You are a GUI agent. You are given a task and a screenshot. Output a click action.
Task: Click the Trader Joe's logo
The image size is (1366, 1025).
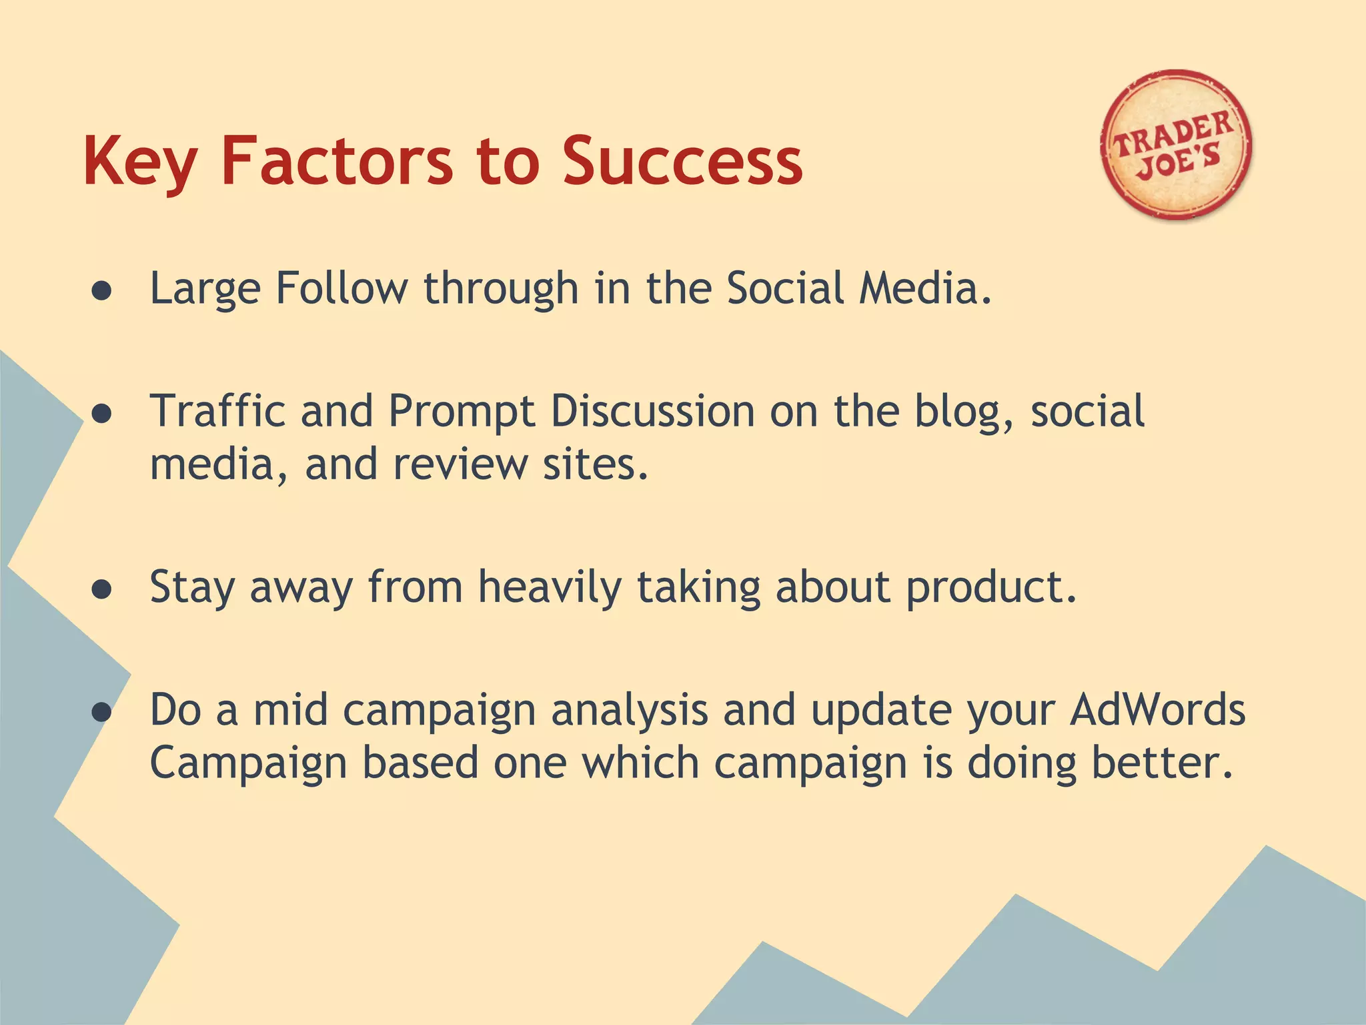tap(1176, 145)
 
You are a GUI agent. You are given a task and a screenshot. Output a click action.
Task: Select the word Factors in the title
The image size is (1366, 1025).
tap(337, 161)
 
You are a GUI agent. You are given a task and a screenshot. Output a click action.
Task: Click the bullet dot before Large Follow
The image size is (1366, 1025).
tap(101, 291)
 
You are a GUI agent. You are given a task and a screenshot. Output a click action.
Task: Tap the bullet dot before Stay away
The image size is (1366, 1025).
tap(101, 590)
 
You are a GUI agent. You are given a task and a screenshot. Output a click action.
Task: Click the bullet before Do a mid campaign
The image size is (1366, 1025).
tap(101, 712)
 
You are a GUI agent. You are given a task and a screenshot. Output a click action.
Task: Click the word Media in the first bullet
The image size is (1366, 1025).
tap(925, 288)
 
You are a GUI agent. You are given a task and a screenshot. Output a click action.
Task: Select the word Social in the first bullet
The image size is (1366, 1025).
tap(785, 288)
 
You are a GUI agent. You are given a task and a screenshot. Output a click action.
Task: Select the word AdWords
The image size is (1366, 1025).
tap(1157, 709)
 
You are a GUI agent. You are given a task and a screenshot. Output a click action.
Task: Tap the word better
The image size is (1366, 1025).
tap(1161, 763)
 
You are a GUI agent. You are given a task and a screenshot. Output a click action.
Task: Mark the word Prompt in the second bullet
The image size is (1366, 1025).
tap(462, 412)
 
